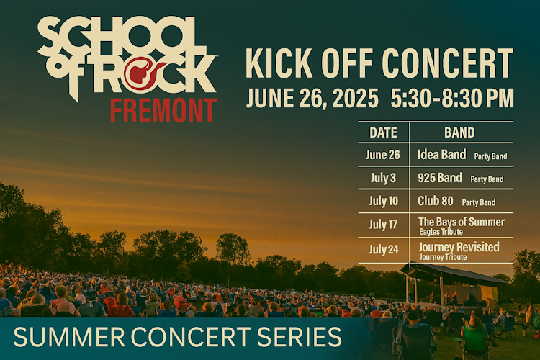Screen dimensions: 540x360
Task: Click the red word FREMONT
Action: [x=163, y=110]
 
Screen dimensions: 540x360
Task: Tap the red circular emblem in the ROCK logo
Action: [x=140, y=73]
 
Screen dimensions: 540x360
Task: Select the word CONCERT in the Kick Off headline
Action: [x=448, y=63]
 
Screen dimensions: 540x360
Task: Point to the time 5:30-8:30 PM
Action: [x=452, y=99]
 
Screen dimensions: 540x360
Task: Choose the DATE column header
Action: [x=383, y=132]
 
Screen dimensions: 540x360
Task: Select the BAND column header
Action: [x=459, y=132]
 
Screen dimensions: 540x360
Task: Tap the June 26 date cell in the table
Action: [x=383, y=155]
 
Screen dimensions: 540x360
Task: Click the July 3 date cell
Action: [x=383, y=178]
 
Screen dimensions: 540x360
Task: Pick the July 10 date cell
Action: [x=383, y=201]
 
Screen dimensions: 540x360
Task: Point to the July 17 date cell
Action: [x=383, y=225]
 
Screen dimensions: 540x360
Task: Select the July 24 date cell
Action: [x=384, y=249]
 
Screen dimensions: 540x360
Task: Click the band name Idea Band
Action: [x=442, y=155]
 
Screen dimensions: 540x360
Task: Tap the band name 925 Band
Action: [x=440, y=178]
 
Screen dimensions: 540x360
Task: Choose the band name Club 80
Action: [x=436, y=201]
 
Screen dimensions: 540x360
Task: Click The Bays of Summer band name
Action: [x=462, y=222]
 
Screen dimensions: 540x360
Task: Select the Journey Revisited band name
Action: [x=459, y=247]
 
